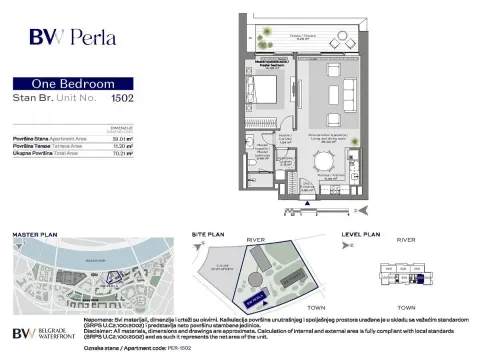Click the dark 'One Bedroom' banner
coord(75,84)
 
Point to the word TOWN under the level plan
coord(407,307)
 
